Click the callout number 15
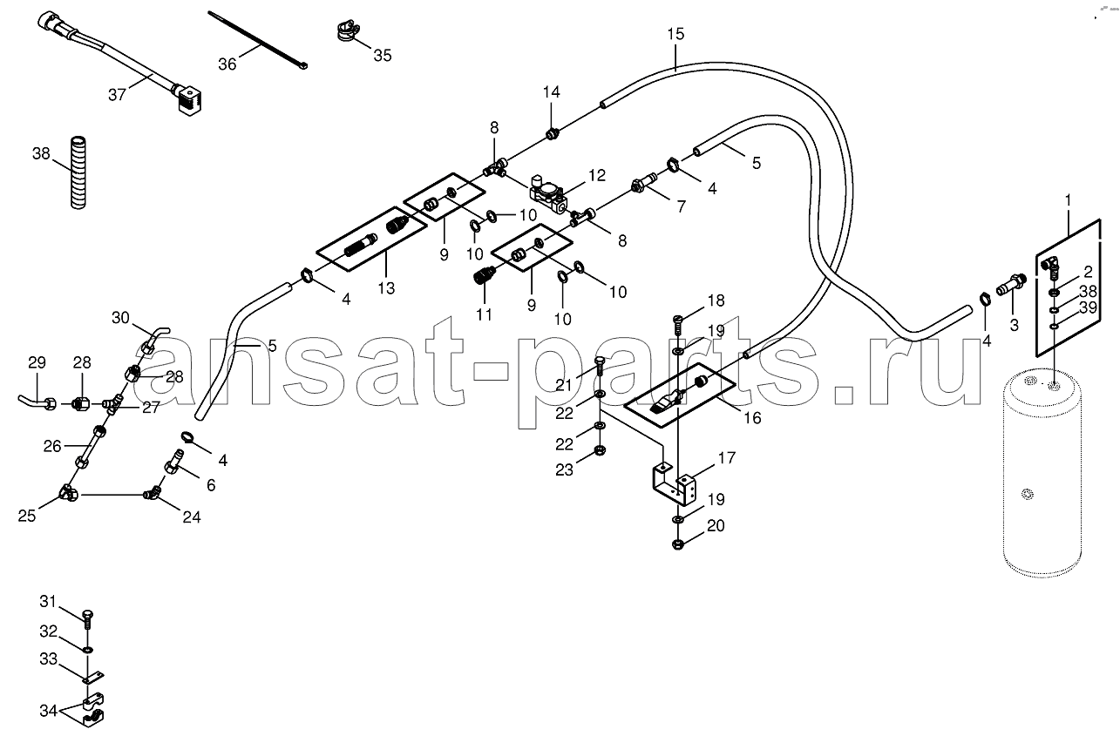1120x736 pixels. coord(675,34)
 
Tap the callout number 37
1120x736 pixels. coord(117,94)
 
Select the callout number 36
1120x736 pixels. coord(227,64)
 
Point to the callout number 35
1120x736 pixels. coord(383,55)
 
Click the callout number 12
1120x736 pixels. coord(597,175)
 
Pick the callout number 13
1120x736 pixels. coord(386,287)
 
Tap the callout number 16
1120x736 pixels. coord(752,417)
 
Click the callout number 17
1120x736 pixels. coord(727,457)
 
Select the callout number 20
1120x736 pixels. coord(716,525)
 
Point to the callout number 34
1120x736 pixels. coord(49,710)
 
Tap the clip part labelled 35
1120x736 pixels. coord(345,30)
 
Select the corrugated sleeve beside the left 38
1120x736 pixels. coord(78,172)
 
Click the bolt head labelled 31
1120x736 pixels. coord(88,613)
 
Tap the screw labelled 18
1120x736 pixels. coord(678,324)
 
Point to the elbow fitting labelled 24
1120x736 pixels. coord(152,492)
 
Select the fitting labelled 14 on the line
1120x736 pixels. coord(552,134)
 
